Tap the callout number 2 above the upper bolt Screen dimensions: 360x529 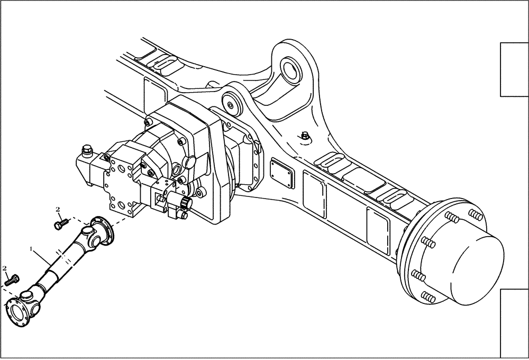58,210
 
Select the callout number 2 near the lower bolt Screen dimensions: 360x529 6,269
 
